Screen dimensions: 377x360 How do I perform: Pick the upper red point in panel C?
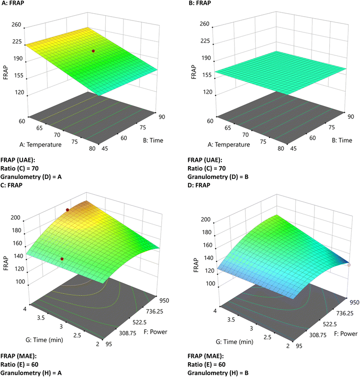pyautogui.click(x=68, y=209)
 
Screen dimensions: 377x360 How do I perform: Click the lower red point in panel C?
pyautogui.click(x=62, y=259)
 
